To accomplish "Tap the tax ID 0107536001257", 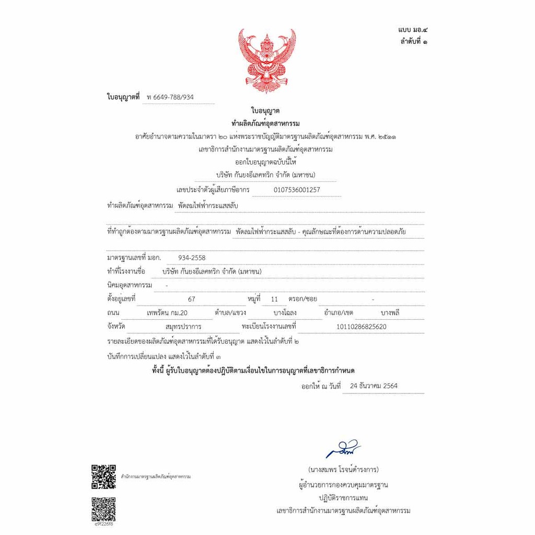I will pyautogui.click(x=297, y=190).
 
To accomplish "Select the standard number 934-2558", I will pyautogui.click(x=192, y=258).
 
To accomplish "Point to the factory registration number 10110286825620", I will pyautogui.click(x=362, y=327).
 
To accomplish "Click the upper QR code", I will pyautogui.click(x=103, y=476).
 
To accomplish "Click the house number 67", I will pyautogui.click(x=191, y=299).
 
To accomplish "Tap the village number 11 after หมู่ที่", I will pyautogui.click(x=275, y=299).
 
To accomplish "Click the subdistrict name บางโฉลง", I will pyautogui.click(x=285, y=313).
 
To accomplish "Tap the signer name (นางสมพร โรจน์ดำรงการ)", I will pyautogui.click(x=343, y=469).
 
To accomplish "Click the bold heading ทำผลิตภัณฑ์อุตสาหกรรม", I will pyautogui.click(x=265, y=124).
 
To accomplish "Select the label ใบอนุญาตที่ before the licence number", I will pyautogui.click(x=123, y=98).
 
